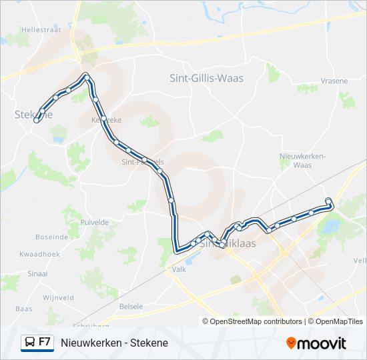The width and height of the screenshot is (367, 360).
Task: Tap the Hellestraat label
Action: (41, 30)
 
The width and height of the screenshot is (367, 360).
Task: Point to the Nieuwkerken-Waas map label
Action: (303, 160)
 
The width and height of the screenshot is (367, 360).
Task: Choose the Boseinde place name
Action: (52, 237)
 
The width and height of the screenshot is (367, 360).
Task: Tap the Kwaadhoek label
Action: (41, 255)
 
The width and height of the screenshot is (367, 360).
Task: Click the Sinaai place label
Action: (37, 273)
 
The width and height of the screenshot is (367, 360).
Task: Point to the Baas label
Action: (23, 309)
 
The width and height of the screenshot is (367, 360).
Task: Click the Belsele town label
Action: (131, 306)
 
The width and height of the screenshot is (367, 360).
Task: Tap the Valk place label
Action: (179, 269)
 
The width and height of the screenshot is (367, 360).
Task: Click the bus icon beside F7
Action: (29, 343)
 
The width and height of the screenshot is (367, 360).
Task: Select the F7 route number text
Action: (45, 342)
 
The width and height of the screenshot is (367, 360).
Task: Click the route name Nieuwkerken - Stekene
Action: (114, 343)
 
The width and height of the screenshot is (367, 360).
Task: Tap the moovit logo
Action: (316, 343)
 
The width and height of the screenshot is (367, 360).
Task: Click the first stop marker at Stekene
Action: (36, 121)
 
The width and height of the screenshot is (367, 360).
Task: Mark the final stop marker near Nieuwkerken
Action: (328, 201)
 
